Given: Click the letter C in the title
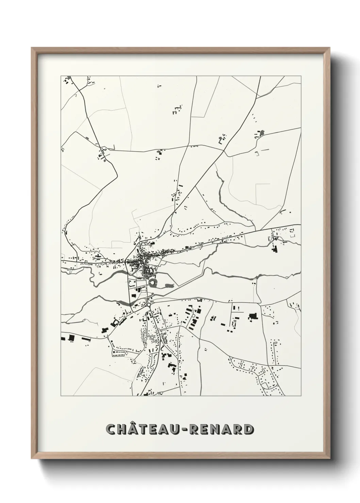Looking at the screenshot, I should [x=112, y=429].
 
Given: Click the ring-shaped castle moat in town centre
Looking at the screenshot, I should [x=152, y=282].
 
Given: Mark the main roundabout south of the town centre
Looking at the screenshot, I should [x=149, y=305].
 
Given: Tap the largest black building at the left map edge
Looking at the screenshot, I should [x=71, y=337].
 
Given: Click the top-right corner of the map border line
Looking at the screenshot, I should [x=301, y=76].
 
